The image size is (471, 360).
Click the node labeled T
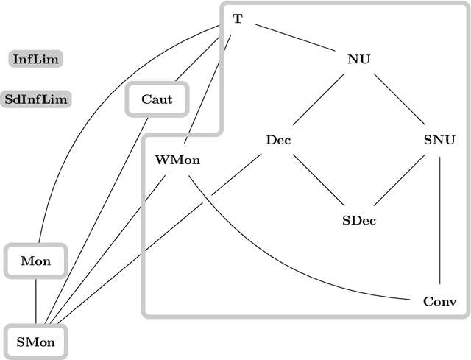click(237, 19)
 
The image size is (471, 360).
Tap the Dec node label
click(278, 139)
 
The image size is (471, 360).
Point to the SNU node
click(439, 139)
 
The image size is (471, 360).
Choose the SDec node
click(359, 220)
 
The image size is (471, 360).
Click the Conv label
click(439, 301)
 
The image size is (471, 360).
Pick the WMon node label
click(177, 160)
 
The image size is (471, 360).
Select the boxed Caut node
click(157, 99)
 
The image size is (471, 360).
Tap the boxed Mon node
click(35, 261)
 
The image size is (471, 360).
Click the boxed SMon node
click(35, 342)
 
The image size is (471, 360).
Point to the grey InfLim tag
click(36, 58)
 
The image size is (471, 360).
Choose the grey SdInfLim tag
click(36, 99)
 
